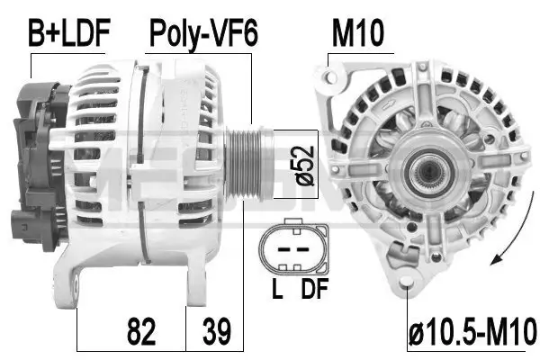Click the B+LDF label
[69, 34]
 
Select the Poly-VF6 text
[202, 34]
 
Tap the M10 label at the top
[358, 34]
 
